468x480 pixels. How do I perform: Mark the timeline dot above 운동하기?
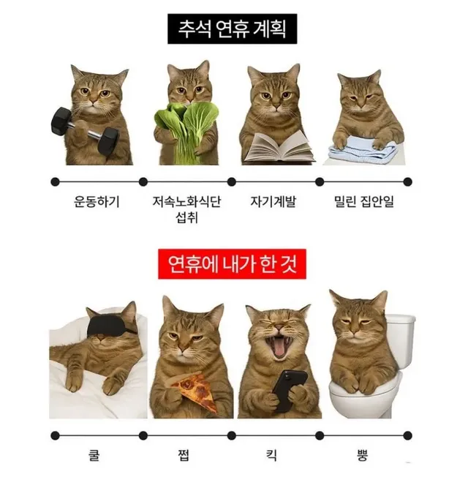[54, 180]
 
